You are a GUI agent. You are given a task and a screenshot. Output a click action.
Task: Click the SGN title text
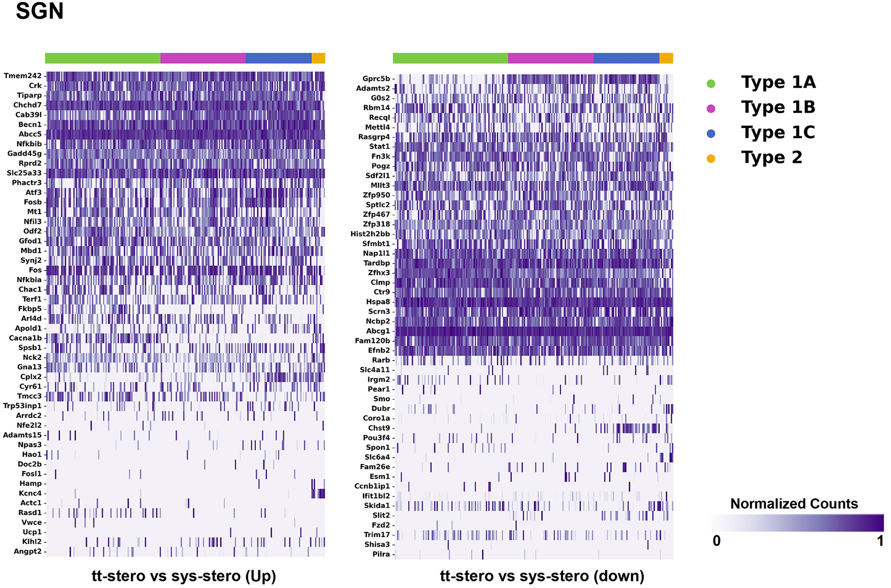coord(40,11)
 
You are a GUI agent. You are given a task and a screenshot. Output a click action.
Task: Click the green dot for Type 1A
coord(710,84)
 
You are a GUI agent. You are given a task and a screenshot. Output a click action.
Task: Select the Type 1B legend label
coord(778,107)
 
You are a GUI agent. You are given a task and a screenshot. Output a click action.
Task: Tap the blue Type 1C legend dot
coord(710,133)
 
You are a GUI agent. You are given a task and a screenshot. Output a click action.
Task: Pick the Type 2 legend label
coord(771,158)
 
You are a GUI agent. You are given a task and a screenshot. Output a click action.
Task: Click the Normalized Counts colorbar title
coord(793,503)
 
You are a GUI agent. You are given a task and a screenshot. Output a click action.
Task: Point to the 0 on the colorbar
coord(717,541)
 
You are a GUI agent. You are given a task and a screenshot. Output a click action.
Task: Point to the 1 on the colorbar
coord(880,541)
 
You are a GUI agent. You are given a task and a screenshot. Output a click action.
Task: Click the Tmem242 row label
coord(23,76)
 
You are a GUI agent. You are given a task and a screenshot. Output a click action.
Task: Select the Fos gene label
coord(35,270)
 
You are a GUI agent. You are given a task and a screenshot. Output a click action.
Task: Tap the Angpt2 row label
coord(28,551)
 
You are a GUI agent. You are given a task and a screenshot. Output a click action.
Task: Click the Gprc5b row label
coord(376,79)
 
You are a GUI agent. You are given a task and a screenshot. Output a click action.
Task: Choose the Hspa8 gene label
coord(378,302)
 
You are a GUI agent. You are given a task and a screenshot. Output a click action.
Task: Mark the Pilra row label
coord(381,554)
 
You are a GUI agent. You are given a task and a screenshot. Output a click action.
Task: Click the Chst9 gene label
coord(379,428)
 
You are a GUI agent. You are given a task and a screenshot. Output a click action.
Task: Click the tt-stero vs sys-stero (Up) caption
coord(184,575)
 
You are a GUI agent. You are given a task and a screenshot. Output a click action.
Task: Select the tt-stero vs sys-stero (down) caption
coord(542,575)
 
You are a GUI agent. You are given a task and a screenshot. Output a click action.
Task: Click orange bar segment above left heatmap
coord(318,58)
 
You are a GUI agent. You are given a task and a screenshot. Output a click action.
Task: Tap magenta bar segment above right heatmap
coord(551,58)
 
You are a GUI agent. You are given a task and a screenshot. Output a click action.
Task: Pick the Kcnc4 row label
coord(30,493)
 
